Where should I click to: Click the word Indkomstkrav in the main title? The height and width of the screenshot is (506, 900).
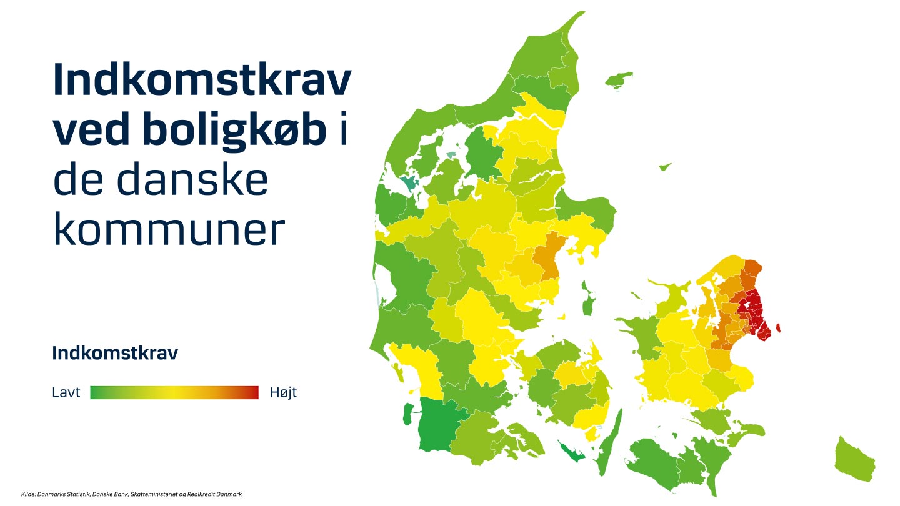[202, 79]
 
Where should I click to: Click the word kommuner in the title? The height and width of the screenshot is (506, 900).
[169, 230]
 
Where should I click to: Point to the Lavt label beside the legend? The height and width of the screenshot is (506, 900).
[66, 392]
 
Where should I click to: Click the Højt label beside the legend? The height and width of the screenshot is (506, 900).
[283, 392]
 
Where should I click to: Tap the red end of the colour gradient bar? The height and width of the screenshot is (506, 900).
[254, 392]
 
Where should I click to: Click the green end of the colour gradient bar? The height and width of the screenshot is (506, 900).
[95, 392]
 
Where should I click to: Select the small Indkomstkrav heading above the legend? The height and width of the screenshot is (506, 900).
[115, 353]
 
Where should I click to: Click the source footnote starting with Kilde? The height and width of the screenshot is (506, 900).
[131, 494]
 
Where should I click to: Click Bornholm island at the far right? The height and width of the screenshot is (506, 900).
[854, 459]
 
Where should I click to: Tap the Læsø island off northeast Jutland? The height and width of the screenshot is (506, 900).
[619, 79]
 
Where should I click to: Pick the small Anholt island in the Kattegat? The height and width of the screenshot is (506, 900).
[665, 166]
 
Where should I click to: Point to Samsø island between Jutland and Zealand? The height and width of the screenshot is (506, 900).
[587, 299]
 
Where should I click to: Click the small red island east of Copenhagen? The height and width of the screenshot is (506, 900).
[778, 328]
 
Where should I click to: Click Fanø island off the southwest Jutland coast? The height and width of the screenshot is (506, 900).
[407, 414]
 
